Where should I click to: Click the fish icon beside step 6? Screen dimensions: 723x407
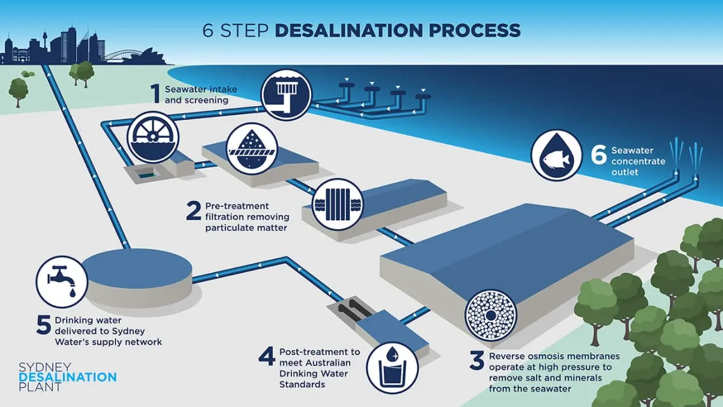coord(556,155)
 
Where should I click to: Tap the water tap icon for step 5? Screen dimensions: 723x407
coord(62,282)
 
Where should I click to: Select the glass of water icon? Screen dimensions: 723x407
coord(392,368)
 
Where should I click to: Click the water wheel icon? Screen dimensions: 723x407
coord(152,137)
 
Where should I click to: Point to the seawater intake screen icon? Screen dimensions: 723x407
coord(286,95)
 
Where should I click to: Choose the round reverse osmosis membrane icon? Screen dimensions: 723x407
coord(491,316)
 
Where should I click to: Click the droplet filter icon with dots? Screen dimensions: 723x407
coord(252,149)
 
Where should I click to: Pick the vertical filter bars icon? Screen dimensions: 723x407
coord(338,204)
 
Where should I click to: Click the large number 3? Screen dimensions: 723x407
coord(477,361)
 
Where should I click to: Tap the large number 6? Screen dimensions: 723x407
coord(599,155)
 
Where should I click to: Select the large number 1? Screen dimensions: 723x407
coord(156,94)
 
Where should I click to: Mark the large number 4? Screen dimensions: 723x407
coord(267,356)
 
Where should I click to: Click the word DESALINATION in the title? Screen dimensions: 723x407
coord(348,30)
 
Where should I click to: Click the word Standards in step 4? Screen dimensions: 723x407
coord(302,384)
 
